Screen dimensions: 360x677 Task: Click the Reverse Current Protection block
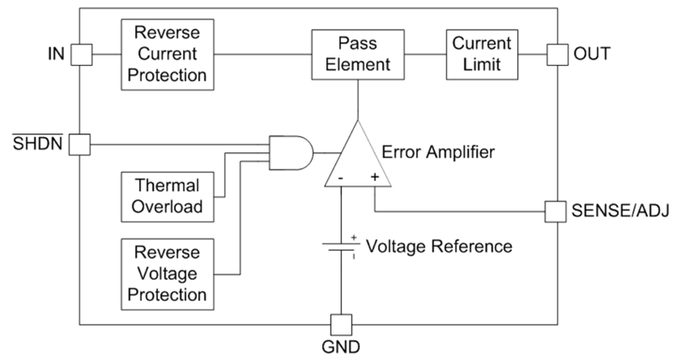click(168, 54)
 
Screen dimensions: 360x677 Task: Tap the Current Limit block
click(481, 54)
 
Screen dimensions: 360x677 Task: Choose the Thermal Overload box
click(168, 196)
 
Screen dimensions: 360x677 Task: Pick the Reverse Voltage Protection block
click(168, 274)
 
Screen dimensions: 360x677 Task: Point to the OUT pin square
click(556, 54)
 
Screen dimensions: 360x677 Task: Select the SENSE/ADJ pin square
click(556, 210)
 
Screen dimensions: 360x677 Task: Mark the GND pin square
click(340, 324)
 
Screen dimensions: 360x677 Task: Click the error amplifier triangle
click(358, 158)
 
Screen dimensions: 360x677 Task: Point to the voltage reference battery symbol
click(340, 246)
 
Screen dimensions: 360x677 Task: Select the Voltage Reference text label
click(439, 246)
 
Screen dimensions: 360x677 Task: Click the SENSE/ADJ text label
click(619, 210)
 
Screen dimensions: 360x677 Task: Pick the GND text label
click(340, 347)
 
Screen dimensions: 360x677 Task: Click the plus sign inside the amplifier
click(374, 177)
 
